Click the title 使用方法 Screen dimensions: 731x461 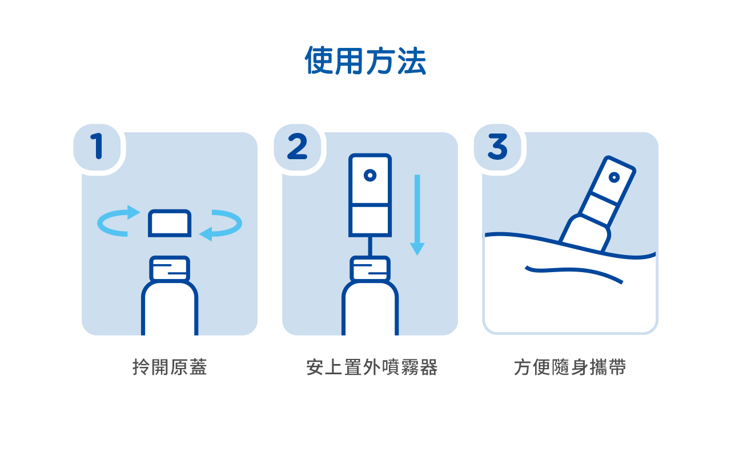coord(365,60)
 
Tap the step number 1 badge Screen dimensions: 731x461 coord(97,147)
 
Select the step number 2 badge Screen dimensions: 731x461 coord(298,147)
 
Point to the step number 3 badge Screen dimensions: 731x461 coord(497,147)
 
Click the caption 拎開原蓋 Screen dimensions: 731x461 coord(170,367)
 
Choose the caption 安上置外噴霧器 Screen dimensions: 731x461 coord(372,367)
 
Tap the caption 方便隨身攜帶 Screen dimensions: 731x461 coord(570,367)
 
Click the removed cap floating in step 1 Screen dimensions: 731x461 coord(170,223)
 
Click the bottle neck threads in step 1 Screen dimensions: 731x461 coord(170,268)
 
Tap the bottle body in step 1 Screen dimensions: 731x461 coord(170,308)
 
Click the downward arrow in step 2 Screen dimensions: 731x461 coord(417,215)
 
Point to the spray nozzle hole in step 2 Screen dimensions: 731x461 coord(370,175)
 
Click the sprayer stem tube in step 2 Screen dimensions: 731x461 coord(370,246)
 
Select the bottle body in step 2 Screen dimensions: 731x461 coord(370,308)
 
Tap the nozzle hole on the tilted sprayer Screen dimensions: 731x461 coord(614,177)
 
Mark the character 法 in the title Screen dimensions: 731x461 coord(412,60)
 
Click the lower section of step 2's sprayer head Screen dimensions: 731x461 coord(370,220)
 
